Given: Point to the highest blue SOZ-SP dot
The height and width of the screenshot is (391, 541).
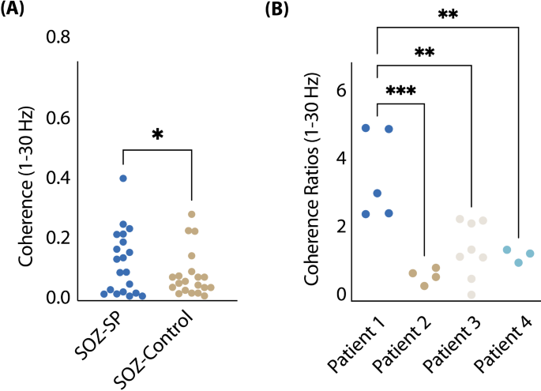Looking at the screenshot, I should [x=123, y=179].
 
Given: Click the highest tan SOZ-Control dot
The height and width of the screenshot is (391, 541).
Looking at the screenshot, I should [x=191, y=214].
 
